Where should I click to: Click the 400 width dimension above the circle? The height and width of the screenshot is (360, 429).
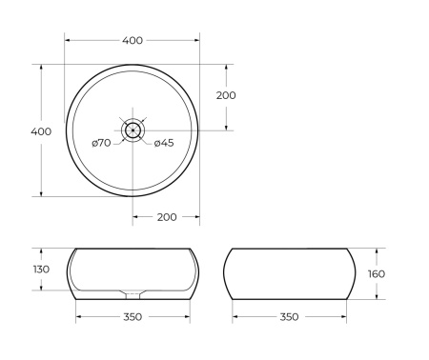point(133,40)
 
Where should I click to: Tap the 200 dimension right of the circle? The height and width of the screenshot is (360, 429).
point(226,95)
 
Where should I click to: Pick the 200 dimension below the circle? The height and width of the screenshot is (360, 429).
point(165,217)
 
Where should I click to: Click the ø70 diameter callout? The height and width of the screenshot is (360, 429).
point(101,143)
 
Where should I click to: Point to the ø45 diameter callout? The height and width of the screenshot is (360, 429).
point(164,143)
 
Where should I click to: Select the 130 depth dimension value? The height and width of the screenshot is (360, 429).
point(40,270)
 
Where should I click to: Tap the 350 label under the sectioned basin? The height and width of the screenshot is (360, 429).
point(133,316)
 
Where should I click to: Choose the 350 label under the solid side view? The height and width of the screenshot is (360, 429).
point(289,316)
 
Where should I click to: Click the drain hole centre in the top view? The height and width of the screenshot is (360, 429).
point(133,130)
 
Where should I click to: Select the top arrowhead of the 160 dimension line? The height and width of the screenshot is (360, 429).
point(378,250)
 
